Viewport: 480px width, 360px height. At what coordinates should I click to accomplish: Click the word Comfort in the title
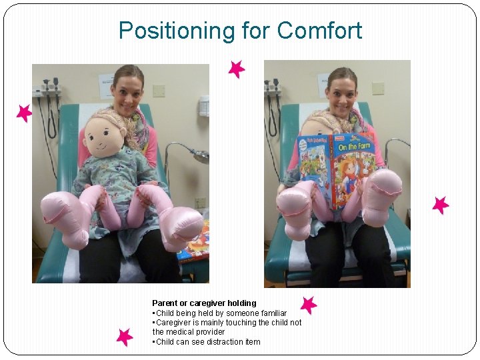tap(319, 31)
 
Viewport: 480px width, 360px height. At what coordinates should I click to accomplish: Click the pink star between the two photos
tap(236, 69)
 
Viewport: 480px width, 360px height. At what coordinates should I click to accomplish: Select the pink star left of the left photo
tap(24, 113)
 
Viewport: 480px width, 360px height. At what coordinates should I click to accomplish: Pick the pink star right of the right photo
tap(440, 205)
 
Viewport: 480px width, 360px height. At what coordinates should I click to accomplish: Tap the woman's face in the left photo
tap(129, 89)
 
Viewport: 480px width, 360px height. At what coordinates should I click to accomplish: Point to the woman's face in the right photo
tap(341, 93)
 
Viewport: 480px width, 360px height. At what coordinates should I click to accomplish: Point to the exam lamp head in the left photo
tap(199, 157)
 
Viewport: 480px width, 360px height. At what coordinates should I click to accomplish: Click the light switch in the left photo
tap(159, 90)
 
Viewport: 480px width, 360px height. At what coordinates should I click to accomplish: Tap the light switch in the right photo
tap(378, 88)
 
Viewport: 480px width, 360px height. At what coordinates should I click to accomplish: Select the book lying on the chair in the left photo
tap(193, 243)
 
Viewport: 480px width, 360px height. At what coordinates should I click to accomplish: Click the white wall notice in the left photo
tap(107, 83)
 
